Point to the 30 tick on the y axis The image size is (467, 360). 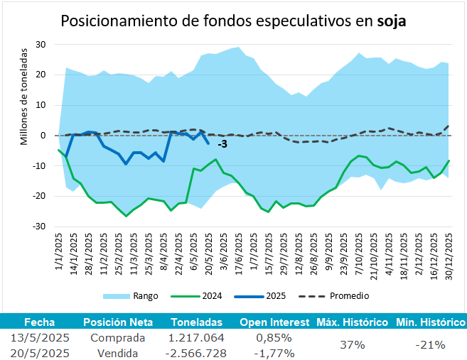click(41, 44)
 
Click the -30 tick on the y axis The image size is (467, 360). click(40, 227)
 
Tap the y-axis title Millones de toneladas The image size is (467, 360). click(24, 96)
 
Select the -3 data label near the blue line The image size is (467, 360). click(222, 145)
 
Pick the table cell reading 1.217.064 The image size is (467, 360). click(197, 337)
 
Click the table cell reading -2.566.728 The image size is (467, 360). click(197, 353)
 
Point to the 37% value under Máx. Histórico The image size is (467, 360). click(352, 345)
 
